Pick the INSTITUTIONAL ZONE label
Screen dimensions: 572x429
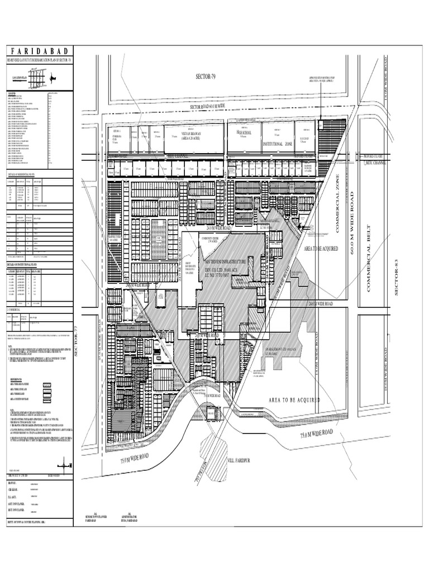click(278, 144)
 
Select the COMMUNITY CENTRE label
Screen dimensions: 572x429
click(194, 237)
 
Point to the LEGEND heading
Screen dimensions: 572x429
click(12, 93)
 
